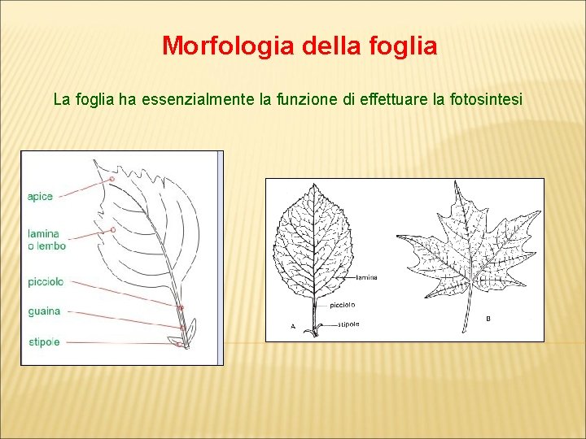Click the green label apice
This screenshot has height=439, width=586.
point(40,196)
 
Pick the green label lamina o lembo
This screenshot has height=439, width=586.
point(46,240)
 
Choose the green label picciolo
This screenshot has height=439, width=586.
point(45,282)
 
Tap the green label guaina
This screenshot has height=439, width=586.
point(43,311)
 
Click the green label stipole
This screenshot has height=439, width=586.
point(43,342)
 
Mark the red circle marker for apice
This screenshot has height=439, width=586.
point(106,180)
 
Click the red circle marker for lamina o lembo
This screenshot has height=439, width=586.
point(113,230)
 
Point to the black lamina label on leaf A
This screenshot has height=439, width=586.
point(366,278)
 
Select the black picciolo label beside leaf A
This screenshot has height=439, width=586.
point(342,305)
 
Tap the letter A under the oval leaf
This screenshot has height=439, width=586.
point(292,326)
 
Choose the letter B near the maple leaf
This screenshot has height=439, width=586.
point(488,318)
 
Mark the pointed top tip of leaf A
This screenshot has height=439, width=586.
point(313,185)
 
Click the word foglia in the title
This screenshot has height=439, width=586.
point(402,46)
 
